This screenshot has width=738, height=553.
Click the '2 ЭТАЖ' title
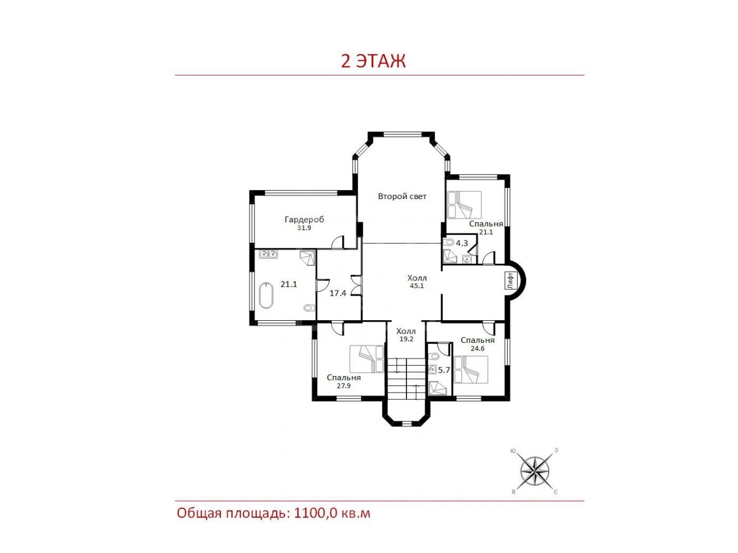(x=373, y=61)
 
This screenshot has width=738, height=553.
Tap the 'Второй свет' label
(x=402, y=196)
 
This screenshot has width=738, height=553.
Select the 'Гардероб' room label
(x=305, y=220)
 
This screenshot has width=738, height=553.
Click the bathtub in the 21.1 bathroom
(x=266, y=295)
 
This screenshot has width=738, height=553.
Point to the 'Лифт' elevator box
(x=510, y=281)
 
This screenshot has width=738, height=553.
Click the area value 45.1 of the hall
(x=416, y=286)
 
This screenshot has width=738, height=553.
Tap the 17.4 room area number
(x=338, y=293)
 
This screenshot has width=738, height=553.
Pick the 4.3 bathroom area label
(x=462, y=243)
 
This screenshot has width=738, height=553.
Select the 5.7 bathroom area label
(x=444, y=371)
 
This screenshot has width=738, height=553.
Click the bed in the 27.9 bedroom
(x=367, y=359)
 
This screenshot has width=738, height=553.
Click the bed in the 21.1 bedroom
(x=465, y=205)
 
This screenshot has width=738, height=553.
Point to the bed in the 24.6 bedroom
(x=471, y=369)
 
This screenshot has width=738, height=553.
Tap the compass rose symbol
(x=535, y=471)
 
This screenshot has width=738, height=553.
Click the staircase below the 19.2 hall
(x=406, y=379)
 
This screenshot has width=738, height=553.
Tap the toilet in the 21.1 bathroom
(x=309, y=307)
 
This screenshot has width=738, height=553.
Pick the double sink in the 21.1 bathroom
(x=269, y=254)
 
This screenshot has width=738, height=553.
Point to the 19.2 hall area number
(x=406, y=339)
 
